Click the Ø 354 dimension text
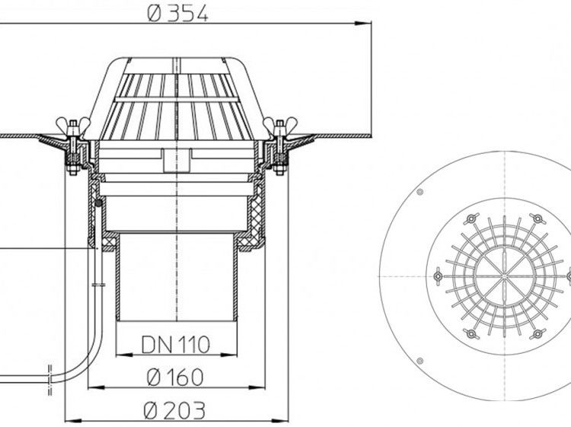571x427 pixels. click(177, 13)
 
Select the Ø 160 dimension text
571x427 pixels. click(175, 377)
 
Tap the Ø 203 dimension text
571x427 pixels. click(174, 410)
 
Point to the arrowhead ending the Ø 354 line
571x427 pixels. click(363, 24)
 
